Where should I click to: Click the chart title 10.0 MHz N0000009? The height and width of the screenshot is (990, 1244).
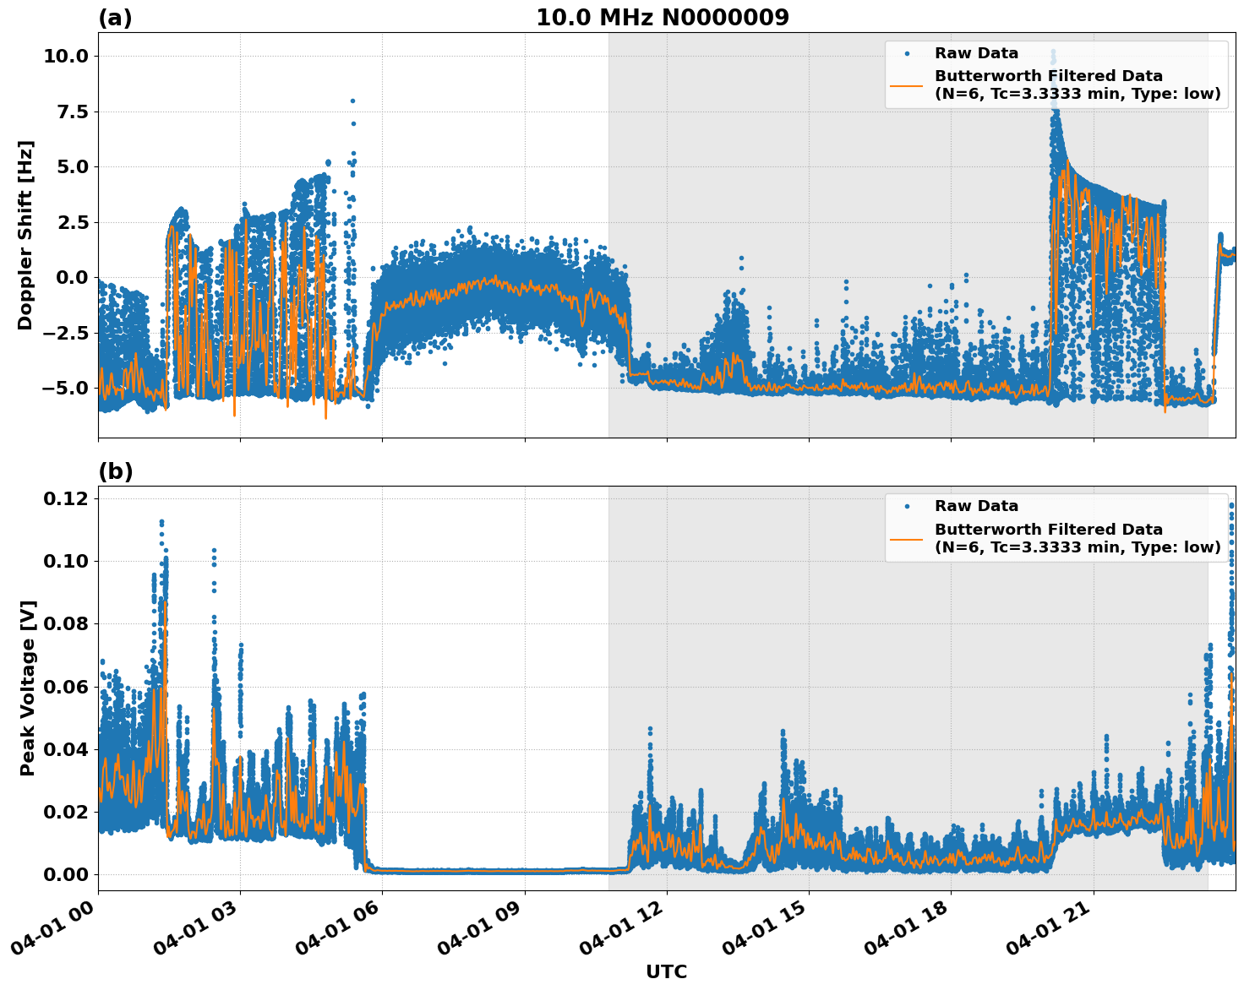[662, 18]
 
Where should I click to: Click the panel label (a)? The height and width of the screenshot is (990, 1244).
[115, 18]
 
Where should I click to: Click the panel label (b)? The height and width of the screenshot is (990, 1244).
[115, 471]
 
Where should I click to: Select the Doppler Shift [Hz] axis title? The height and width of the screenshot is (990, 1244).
[25, 235]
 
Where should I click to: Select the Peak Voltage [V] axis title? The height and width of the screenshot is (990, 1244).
[28, 688]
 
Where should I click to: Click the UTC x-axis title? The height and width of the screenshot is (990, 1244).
[666, 971]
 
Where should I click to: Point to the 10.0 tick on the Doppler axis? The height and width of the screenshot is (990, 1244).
[65, 57]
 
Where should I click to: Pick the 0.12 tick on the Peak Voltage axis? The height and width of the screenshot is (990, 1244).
[65, 499]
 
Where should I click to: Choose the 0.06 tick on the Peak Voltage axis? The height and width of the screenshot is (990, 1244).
[65, 687]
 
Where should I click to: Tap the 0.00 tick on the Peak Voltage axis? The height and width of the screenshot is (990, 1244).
[65, 875]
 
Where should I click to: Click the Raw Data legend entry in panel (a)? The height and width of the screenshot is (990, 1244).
[976, 54]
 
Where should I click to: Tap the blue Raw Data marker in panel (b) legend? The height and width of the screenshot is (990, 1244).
[907, 507]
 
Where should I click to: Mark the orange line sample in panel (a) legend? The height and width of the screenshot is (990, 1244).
[907, 85]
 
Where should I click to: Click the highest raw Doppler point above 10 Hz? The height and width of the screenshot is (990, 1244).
[1053, 52]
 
